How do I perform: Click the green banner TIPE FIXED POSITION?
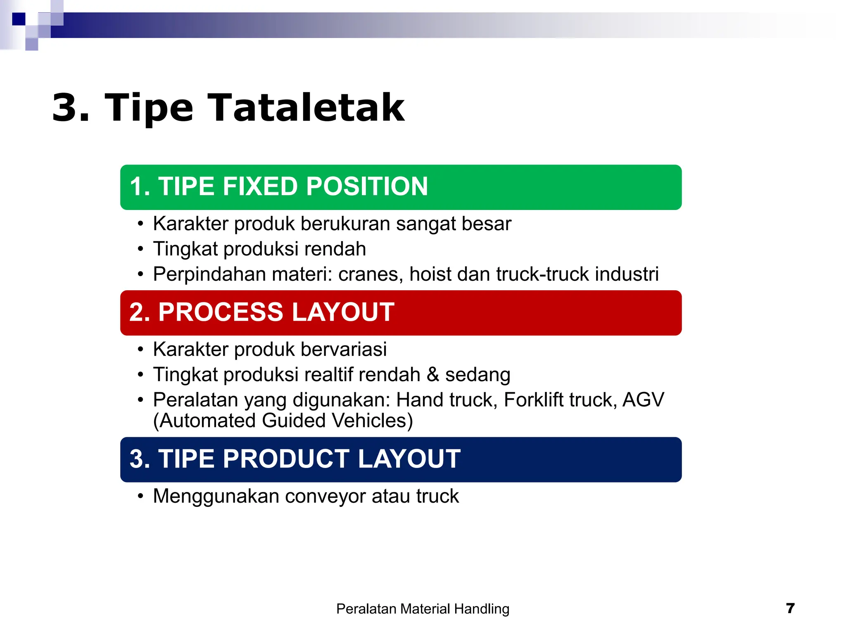(x=401, y=187)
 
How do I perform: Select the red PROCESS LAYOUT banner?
(x=401, y=313)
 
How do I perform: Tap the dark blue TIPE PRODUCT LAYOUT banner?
(x=401, y=459)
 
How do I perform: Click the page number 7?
(x=790, y=608)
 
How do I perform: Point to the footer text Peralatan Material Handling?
(x=423, y=609)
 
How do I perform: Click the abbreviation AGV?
(x=643, y=400)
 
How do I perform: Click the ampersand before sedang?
(x=433, y=375)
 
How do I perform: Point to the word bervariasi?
(x=344, y=349)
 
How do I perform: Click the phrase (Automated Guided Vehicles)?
(x=283, y=421)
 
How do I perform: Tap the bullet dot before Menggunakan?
(x=141, y=496)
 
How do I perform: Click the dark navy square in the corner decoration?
(x=19, y=19)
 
